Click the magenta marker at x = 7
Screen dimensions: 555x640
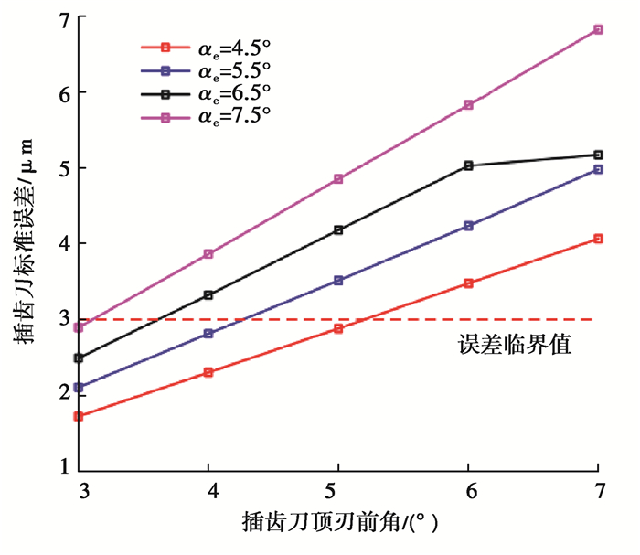tap(599, 29)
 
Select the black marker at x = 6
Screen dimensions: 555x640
tap(469, 165)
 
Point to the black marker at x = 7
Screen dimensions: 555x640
tap(599, 155)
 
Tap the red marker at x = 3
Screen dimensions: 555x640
tap(79, 416)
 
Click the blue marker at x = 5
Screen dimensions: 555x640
tap(338, 281)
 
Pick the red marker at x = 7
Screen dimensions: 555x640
tap(599, 239)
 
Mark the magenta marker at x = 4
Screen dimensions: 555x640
tap(208, 253)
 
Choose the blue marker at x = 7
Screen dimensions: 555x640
tap(599, 169)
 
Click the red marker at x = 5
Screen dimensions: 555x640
tap(338, 328)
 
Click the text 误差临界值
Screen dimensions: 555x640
tap(514, 346)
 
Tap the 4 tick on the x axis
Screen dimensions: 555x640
tap(208, 489)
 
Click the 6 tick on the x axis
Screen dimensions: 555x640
tap(469, 489)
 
